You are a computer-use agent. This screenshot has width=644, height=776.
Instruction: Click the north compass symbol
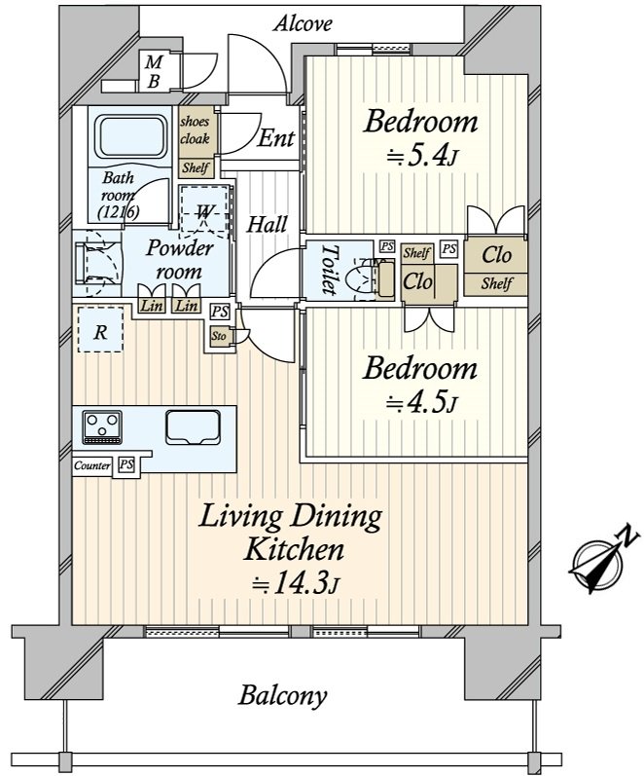click(x=595, y=562)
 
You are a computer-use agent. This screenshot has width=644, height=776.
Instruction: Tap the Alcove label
click(x=303, y=22)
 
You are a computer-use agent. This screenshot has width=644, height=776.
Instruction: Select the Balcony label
click(x=282, y=696)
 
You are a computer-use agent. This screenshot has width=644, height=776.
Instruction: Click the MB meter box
click(x=154, y=72)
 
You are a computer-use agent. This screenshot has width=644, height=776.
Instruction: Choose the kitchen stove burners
click(x=102, y=425)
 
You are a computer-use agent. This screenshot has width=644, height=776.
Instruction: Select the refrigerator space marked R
click(x=100, y=330)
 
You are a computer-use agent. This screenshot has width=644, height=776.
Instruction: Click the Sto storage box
click(x=218, y=336)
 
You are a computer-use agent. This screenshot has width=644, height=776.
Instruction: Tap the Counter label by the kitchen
click(x=92, y=465)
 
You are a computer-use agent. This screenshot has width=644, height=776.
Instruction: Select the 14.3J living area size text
click(x=295, y=583)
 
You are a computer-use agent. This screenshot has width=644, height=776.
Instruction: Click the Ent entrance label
click(x=275, y=139)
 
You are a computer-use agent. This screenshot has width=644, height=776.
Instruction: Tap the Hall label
click(x=266, y=225)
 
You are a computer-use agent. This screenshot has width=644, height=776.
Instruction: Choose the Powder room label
click(x=180, y=260)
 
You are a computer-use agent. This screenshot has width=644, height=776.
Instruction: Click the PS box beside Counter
click(x=126, y=465)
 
